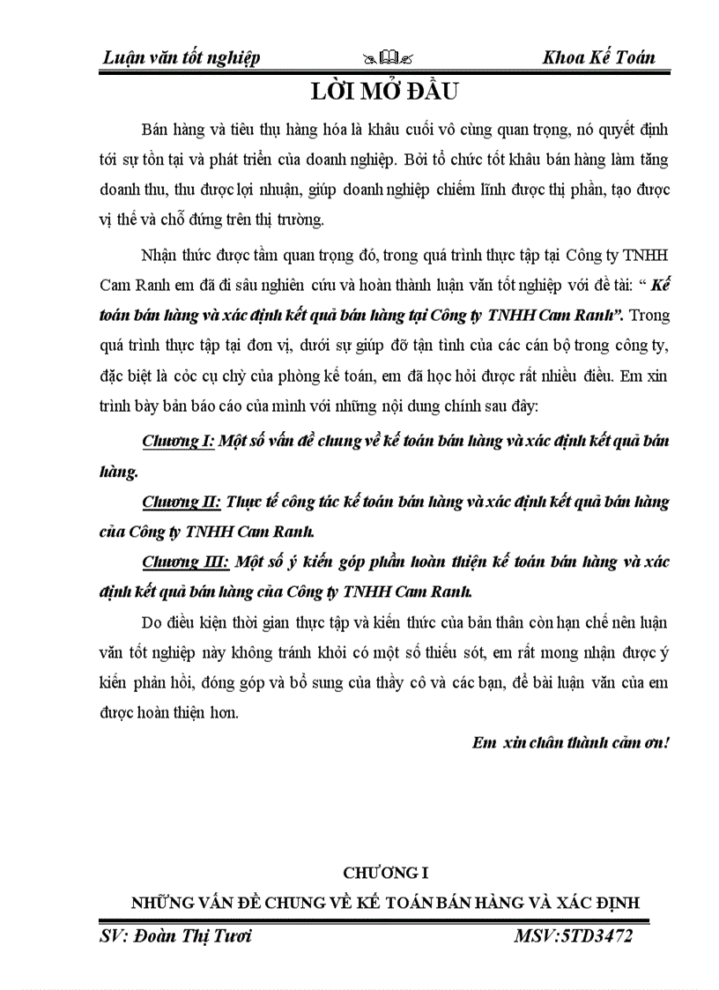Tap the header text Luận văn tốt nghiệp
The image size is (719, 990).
click(x=182, y=57)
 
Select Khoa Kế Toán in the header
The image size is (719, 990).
click(x=599, y=57)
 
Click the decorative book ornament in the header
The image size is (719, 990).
click(x=388, y=58)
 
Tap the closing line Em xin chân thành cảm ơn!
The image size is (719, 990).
click(x=571, y=741)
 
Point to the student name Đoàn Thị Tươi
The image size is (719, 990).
click(x=175, y=936)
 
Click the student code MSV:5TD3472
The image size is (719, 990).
click(x=573, y=936)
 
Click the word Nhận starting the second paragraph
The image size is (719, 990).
click(x=159, y=256)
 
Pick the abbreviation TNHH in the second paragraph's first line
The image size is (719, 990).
click(x=647, y=256)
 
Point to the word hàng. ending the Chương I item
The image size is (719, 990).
click(x=118, y=472)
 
